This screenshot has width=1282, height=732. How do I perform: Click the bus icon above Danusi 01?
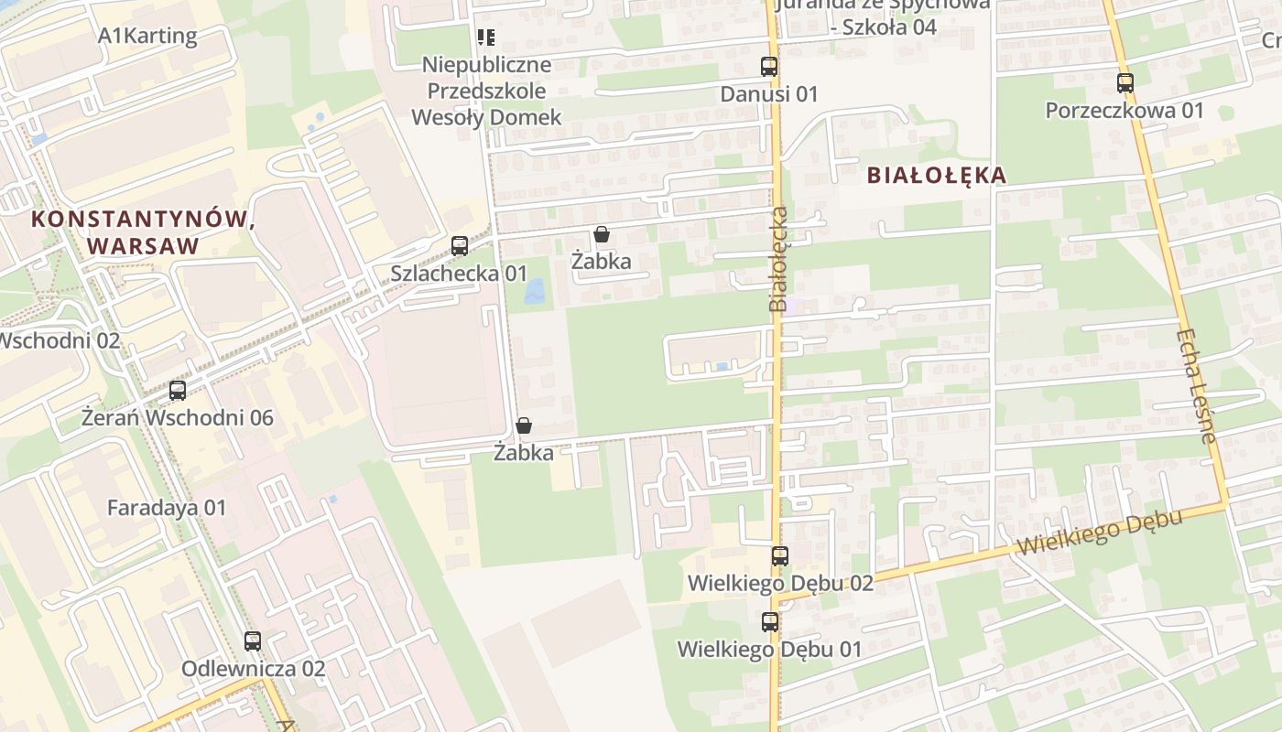tap(769, 67)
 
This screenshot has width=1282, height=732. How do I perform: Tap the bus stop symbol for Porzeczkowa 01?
tap(1125, 83)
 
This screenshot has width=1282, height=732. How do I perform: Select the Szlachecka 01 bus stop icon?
tap(460, 246)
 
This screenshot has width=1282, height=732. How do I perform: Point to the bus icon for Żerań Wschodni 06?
tap(178, 391)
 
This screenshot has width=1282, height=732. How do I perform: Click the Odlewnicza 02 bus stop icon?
tap(253, 641)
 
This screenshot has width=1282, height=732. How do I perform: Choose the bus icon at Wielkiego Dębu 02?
tap(779, 555)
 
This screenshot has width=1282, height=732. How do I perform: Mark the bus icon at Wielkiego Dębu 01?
tap(770, 622)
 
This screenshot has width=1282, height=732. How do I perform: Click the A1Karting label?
tap(147, 37)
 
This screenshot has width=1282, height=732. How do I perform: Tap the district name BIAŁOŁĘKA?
tap(936, 175)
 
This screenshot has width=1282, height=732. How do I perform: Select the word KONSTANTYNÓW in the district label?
tap(142, 219)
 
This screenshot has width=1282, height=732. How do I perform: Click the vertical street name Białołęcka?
tap(778, 259)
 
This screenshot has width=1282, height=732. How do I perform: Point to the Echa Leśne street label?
tap(1196, 386)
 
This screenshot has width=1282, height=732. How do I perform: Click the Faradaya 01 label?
tap(166, 508)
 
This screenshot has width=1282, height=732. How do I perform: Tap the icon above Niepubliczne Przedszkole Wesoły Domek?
tap(486, 38)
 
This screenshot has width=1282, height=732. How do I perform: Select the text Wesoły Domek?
tap(486, 117)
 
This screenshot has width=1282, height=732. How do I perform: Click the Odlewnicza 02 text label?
tap(253, 669)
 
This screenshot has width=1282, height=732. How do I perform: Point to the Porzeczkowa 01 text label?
tap(1124, 111)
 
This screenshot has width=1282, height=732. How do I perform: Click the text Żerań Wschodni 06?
tap(178, 418)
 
